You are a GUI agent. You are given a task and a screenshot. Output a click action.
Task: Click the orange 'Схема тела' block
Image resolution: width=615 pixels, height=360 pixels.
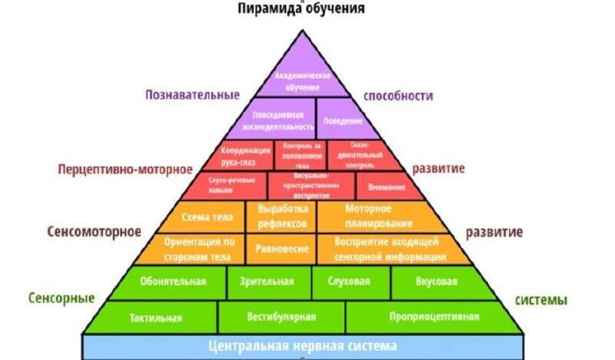click(204, 217)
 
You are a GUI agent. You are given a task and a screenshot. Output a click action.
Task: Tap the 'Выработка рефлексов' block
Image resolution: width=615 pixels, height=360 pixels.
click(281, 217)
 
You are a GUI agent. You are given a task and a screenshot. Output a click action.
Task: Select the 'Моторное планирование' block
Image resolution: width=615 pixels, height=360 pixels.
click(367, 217)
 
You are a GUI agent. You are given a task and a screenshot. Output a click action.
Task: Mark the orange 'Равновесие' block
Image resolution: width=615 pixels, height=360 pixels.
click(281, 248)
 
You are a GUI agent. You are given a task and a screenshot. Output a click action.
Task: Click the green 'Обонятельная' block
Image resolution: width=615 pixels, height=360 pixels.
click(174, 282)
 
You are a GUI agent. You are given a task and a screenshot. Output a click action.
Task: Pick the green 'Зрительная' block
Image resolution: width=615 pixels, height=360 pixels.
click(268, 282)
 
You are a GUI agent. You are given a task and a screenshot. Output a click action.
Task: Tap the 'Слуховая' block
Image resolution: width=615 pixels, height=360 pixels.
click(351, 282)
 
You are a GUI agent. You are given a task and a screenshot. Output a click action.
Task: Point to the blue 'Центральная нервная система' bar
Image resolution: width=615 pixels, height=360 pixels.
click(303, 345)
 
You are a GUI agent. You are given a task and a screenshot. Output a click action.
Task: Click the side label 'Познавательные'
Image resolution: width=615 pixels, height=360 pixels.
click(192, 95)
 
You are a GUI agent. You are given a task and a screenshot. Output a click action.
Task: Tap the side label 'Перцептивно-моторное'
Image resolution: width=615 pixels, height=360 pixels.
click(115, 168)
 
